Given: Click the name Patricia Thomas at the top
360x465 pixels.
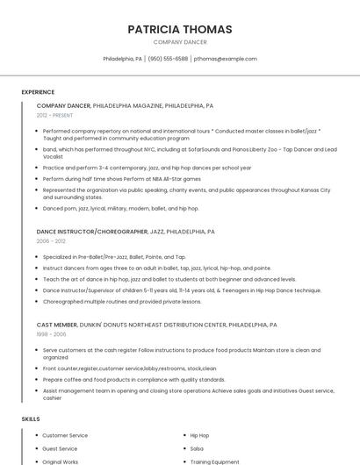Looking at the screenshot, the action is click(x=180, y=29).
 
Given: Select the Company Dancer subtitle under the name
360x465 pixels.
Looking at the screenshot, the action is click(x=180, y=42).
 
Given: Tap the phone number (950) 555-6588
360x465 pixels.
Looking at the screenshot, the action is click(x=168, y=59).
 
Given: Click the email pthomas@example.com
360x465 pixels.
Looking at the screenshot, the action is click(x=226, y=59).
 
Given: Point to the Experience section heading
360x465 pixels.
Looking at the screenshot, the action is click(x=38, y=92).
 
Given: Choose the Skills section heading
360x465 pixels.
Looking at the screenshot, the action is click(x=30, y=419).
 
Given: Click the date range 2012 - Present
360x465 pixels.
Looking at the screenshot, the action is click(x=54, y=115).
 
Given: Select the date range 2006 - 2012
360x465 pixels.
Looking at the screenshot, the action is click(x=51, y=240).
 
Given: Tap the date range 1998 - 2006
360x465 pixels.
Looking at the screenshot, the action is click(x=51, y=334).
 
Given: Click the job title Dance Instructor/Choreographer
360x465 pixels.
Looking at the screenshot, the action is click(x=92, y=232).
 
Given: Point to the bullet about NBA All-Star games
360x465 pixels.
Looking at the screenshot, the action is click(x=121, y=179).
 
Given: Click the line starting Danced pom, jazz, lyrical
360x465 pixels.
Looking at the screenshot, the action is click(x=120, y=209).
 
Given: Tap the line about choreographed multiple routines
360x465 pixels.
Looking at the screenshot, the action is click(x=121, y=301).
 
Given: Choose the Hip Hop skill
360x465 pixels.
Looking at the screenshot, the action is click(x=199, y=435).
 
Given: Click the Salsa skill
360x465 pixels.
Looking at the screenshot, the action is click(x=197, y=448).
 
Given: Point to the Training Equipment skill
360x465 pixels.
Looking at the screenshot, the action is click(x=214, y=461).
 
